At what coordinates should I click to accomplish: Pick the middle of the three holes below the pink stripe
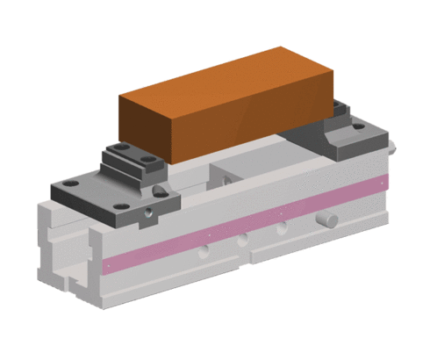click(241, 240)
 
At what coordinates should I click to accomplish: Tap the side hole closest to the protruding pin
click(282, 228)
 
